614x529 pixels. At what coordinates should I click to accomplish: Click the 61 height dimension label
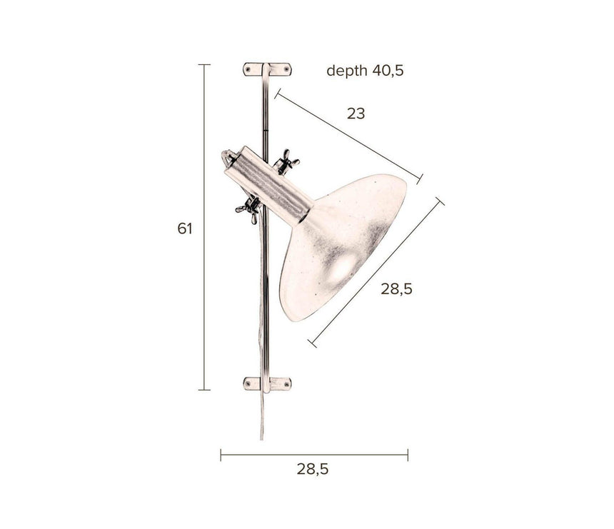[x=185, y=228]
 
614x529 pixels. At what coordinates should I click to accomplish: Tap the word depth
[x=347, y=71]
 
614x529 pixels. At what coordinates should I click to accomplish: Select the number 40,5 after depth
[x=388, y=71]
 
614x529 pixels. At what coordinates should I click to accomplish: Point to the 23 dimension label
[x=356, y=114]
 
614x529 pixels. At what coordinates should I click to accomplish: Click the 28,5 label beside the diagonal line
[x=397, y=289]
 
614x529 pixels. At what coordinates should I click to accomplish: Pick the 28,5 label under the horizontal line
[x=313, y=469]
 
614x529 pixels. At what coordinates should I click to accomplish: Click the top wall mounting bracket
[x=268, y=69]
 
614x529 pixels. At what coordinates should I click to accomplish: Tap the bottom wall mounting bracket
[x=268, y=384]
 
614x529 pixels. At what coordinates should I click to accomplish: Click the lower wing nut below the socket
[x=249, y=209]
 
